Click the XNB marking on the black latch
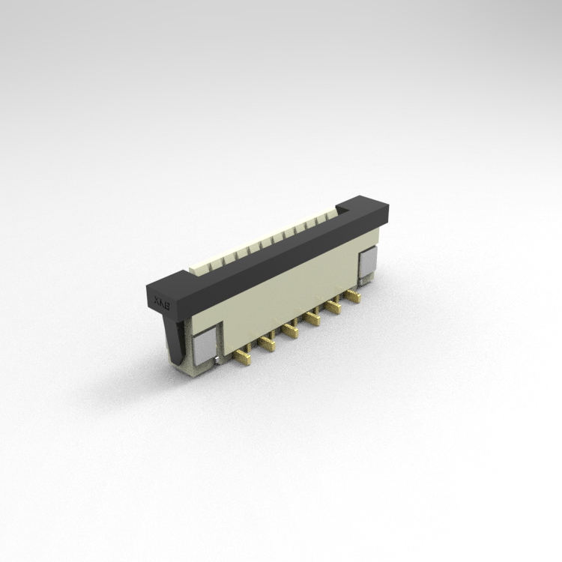tap(163, 301)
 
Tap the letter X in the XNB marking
tap(157, 300)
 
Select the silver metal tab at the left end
tap(203, 346)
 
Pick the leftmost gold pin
tap(242, 357)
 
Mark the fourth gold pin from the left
tap(310, 319)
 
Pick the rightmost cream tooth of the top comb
tap(330, 215)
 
